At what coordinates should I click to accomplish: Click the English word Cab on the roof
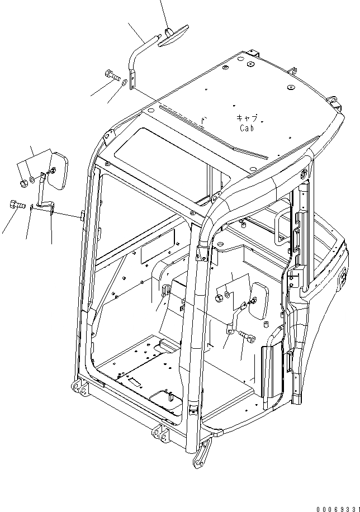click(248, 128)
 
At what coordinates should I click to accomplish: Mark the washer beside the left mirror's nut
click(34, 180)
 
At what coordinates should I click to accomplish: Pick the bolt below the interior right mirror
click(248, 337)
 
